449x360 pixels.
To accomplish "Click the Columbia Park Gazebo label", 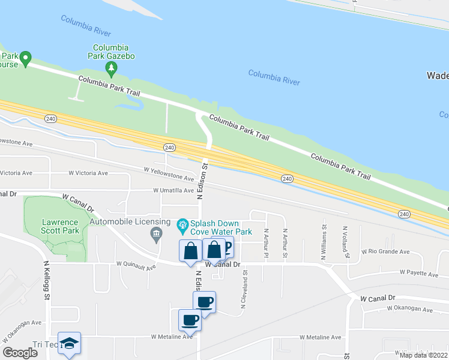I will point(113,52).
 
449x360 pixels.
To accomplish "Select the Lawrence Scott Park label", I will point(60,226).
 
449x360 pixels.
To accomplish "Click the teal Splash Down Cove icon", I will point(183,227).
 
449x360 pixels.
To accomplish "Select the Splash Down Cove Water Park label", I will point(221,227).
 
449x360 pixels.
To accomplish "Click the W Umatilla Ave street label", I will point(173,191).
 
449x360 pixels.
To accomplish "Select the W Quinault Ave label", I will point(136,263).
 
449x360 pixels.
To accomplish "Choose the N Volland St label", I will point(346,242).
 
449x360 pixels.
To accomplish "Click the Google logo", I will point(20,353).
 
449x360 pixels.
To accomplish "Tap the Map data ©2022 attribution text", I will point(423,355).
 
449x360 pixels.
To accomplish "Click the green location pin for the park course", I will point(25,58).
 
